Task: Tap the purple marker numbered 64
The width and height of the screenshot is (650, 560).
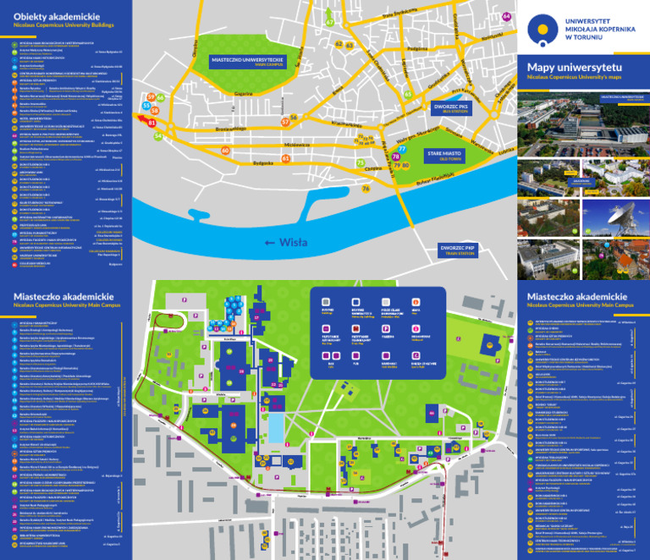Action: pyautogui.click(x=506, y=16)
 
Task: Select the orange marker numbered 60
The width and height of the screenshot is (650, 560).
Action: pyautogui.click(x=225, y=151)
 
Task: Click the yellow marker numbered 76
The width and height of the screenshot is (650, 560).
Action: pyautogui.click(x=366, y=189)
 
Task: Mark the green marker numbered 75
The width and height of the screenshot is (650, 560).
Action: pyautogui.click(x=361, y=162)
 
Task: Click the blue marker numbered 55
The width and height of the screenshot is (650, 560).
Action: pyautogui.click(x=146, y=106)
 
